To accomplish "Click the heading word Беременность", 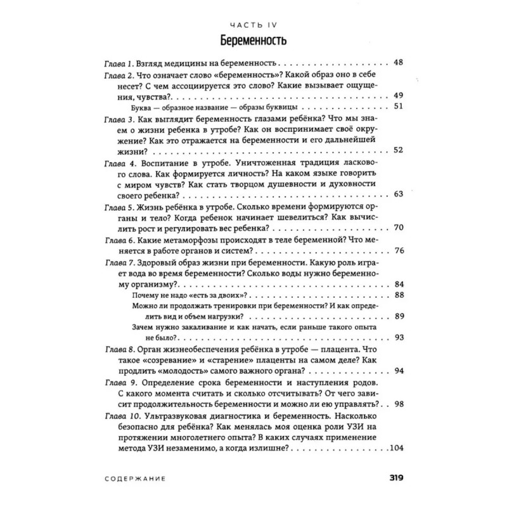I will point(253,42).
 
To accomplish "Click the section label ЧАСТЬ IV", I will point(253,24).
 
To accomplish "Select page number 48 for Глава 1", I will point(399,63).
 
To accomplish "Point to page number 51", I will point(399,106).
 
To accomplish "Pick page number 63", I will point(399,194).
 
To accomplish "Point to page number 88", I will point(399,295).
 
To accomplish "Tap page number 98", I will point(399,404).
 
